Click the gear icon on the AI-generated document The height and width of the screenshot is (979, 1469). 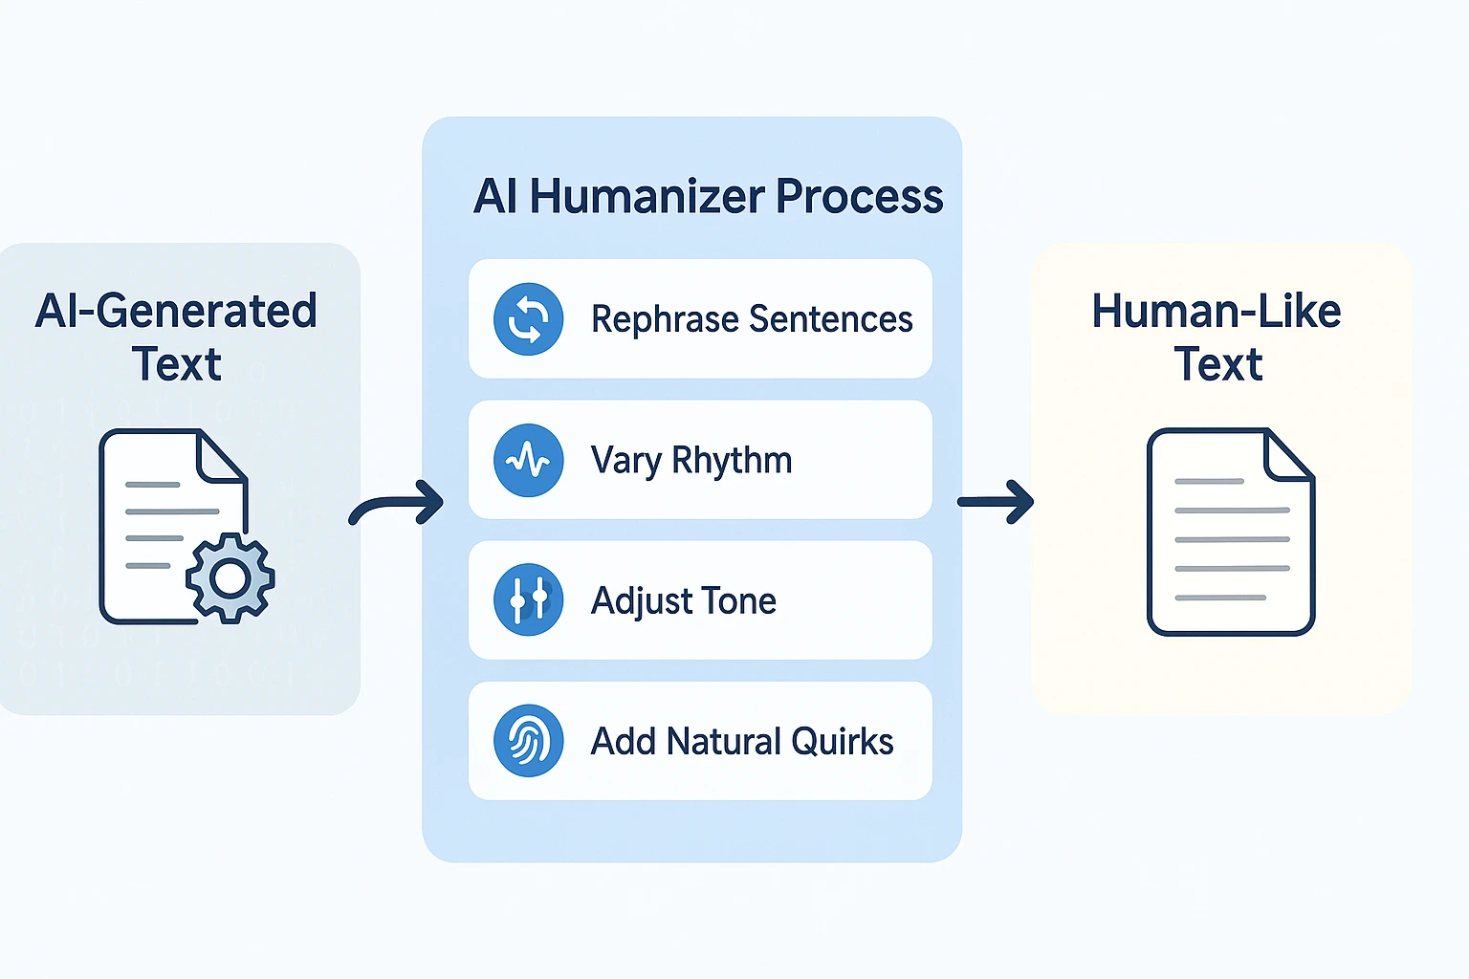coord(230,578)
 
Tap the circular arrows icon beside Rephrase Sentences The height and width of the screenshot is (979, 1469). coord(528,319)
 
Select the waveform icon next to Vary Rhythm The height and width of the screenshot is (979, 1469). coord(528,461)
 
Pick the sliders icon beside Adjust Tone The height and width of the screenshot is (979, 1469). coord(528,600)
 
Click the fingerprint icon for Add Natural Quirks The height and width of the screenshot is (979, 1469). coord(528,741)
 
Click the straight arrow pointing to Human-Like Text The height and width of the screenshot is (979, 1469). coord(996,502)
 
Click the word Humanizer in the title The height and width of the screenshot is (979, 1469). coord(647,197)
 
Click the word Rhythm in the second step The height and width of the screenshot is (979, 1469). coord(732,461)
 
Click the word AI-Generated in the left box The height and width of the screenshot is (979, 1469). coord(176,312)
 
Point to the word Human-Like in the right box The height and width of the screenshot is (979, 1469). coord(1217,312)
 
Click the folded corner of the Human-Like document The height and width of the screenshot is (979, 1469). coord(1287,455)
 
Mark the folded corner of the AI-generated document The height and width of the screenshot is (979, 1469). coord(221,455)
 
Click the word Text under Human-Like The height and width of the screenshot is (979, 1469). coord(1218,364)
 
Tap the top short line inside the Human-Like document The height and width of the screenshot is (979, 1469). coord(1209,481)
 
